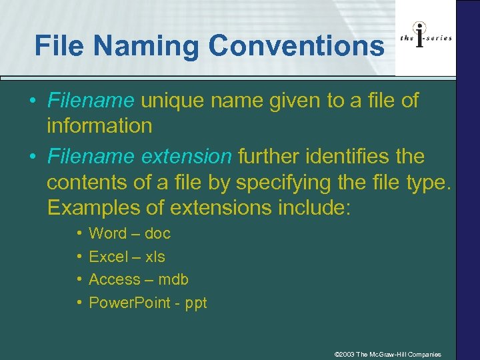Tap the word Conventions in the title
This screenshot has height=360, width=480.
[297, 47]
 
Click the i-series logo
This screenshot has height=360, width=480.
[426, 38]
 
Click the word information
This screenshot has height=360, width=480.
[99, 125]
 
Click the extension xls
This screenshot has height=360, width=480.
[155, 257]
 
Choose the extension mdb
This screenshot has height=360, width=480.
[173, 279]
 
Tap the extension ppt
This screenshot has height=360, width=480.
[196, 303]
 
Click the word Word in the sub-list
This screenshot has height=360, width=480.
[107, 233]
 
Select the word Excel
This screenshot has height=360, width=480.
[108, 257]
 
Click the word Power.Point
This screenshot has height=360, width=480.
[131, 303]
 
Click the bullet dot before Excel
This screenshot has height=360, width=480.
[79, 257]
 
